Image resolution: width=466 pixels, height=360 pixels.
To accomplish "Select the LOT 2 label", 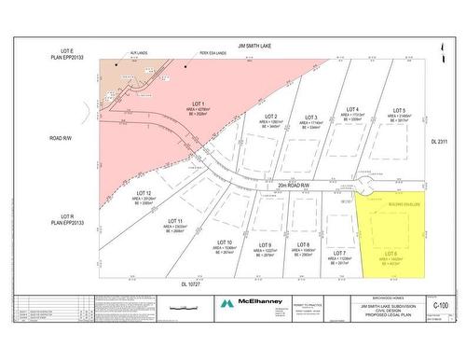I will (x=270, y=118).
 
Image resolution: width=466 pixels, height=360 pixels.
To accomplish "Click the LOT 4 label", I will (x=352, y=110).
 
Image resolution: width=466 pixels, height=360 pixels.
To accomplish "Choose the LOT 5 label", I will (x=399, y=110).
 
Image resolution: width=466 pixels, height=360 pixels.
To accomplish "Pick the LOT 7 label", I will (x=339, y=253).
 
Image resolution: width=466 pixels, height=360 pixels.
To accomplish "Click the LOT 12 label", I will (x=143, y=193).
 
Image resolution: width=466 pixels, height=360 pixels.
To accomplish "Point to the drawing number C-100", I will (x=443, y=304).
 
